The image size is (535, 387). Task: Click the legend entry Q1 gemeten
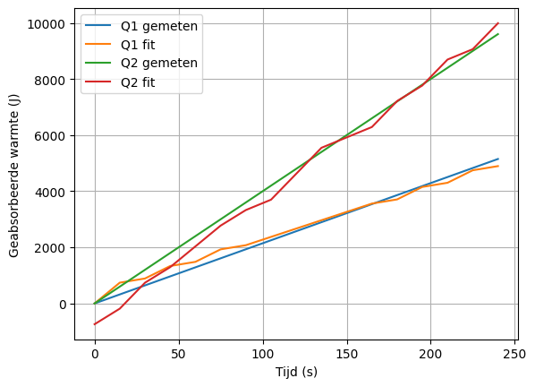(159, 26)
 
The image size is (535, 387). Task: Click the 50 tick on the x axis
(179, 354)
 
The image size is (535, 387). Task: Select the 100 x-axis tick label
(263, 354)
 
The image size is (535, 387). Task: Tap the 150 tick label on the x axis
(347, 354)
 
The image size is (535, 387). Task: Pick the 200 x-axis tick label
(431, 354)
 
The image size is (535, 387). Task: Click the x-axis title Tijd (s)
(296, 372)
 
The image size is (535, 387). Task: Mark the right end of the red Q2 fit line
(498, 23)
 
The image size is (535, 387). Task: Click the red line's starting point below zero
(95, 324)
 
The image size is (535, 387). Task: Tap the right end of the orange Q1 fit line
(498, 166)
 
